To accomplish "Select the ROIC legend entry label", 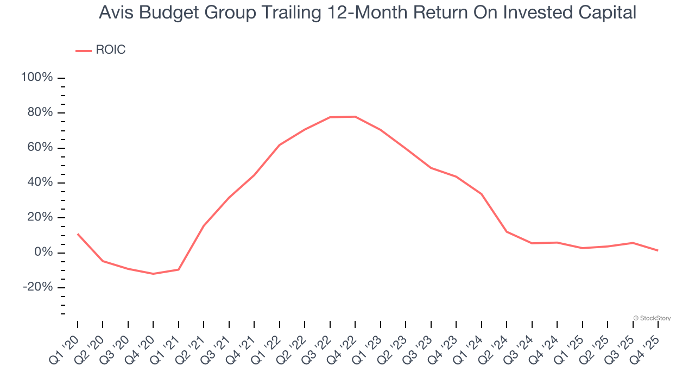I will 111,50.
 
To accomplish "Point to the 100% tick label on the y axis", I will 37,78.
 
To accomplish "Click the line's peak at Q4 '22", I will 355,117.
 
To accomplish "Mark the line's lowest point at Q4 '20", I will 153,274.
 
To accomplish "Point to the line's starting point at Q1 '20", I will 78,234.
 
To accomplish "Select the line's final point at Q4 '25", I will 658,250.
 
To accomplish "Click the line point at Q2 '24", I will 507,232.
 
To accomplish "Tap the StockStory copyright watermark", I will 652,318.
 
